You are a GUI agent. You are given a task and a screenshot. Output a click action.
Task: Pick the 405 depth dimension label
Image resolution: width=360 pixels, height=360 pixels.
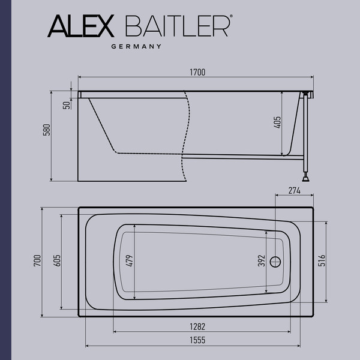[x=277, y=124]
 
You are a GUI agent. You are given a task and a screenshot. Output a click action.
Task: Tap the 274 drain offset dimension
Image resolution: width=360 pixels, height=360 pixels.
[x=293, y=191]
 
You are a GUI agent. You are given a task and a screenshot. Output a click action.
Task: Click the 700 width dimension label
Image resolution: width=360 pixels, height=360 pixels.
[x=38, y=261]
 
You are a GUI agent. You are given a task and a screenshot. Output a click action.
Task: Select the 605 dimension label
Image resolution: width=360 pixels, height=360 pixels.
[x=57, y=261]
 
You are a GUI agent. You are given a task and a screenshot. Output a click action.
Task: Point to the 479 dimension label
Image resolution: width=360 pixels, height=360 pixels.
[x=130, y=261]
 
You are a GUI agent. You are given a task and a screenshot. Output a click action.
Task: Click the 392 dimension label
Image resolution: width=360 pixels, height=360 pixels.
[x=262, y=261]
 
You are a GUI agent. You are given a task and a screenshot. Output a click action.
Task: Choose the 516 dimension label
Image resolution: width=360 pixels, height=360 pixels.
[x=322, y=261]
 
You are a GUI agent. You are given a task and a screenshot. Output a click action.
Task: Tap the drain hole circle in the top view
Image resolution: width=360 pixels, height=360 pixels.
[x=276, y=262]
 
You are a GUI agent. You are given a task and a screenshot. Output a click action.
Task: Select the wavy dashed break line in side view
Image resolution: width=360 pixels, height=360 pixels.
[x=188, y=138]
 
